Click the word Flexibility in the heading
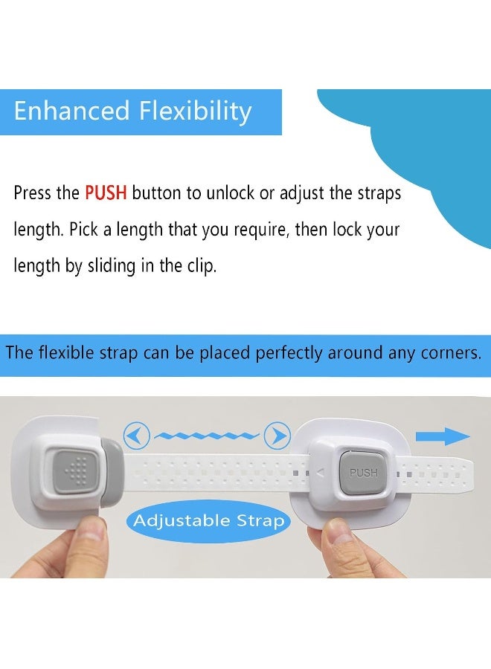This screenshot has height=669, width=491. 195,111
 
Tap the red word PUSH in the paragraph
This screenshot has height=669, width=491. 106,193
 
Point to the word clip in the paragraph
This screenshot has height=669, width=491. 199,265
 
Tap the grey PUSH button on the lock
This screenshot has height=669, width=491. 363,472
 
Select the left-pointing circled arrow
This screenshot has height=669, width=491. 137,436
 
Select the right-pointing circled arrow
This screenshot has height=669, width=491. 277,435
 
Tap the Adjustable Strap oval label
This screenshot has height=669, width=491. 209,520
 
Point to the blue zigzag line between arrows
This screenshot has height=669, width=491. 207,435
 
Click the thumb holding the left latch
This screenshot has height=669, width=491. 91,537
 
